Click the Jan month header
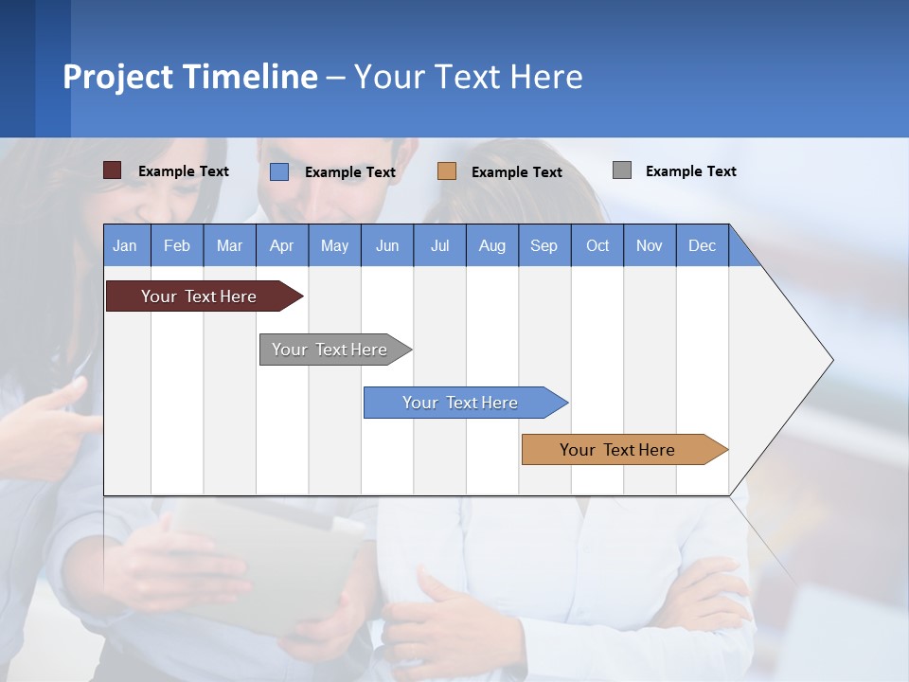click(125, 246)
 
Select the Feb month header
click(177, 246)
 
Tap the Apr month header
click(281, 246)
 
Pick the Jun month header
click(387, 246)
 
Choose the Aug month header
click(491, 246)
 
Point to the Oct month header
click(597, 246)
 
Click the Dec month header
click(702, 246)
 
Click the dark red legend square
click(113, 170)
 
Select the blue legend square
click(279, 171)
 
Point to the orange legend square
click(447, 171)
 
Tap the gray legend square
click(622, 170)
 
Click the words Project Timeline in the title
click(189, 77)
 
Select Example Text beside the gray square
click(690, 171)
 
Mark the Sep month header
click(544, 246)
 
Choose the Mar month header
click(229, 246)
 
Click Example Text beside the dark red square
click(183, 171)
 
